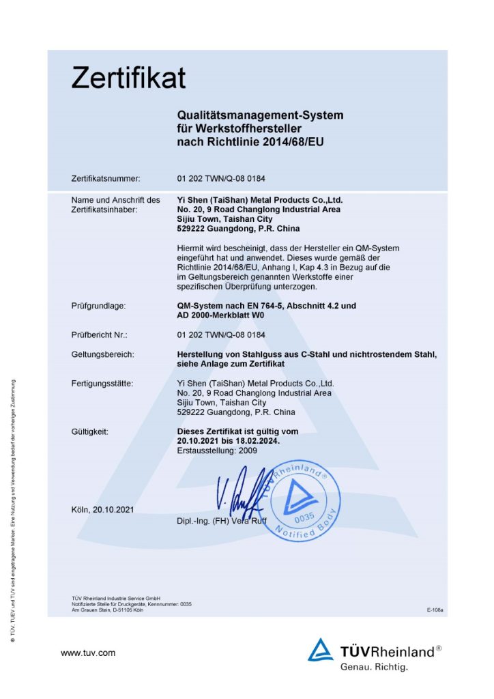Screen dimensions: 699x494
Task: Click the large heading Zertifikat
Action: click(128, 78)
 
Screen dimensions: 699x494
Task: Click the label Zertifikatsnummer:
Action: click(106, 179)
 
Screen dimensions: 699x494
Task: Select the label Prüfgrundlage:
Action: click(98, 306)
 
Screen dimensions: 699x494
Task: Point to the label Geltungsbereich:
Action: click(102, 354)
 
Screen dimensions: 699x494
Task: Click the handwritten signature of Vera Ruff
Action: click(239, 495)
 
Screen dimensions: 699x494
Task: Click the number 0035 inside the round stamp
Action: click(304, 517)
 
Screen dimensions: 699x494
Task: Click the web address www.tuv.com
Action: click(88, 653)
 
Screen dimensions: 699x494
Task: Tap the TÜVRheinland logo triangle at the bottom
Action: click(321, 650)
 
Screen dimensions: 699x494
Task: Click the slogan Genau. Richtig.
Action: click(374, 666)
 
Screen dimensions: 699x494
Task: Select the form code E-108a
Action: click(435, 610)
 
